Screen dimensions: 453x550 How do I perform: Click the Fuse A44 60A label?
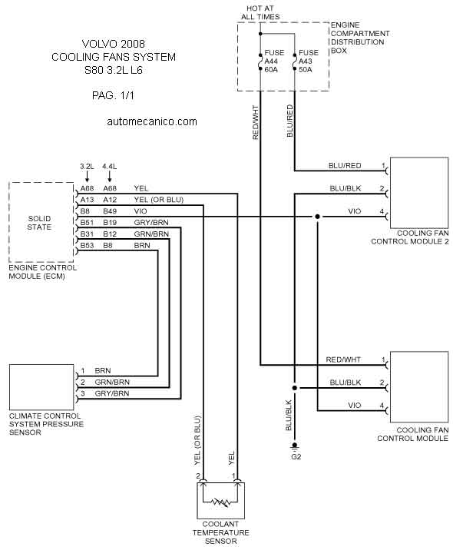pos(274,61)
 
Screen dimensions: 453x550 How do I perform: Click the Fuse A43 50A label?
pos(308,61)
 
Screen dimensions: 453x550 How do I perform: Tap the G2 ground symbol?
pos(295,446)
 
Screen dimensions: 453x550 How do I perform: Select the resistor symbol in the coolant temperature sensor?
pos(220,502)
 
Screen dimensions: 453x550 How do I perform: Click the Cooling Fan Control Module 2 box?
pos(419,194)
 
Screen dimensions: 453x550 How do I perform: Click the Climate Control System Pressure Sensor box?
pos(41,387)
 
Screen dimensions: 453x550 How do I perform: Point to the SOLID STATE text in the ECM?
pos(39,223)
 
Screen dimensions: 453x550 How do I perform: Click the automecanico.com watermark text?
pos(152,121)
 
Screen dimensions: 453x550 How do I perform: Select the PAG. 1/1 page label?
pos(113,95)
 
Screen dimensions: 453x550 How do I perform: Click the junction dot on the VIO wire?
pos(317,217)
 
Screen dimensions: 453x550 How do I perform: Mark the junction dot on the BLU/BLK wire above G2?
pos(295,388)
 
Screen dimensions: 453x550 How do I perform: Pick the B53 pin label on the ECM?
pos(87,246)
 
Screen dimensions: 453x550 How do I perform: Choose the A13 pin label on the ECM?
pos(87,200)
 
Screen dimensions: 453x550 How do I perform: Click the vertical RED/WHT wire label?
pos(255,122)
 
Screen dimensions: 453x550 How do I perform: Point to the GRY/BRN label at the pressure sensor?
pos(112,393)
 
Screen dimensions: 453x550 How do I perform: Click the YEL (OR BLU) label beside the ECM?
pos(158,200)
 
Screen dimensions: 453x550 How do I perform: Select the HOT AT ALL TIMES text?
pos(260,12)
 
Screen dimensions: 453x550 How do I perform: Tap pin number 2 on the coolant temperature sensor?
pos(198,476)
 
